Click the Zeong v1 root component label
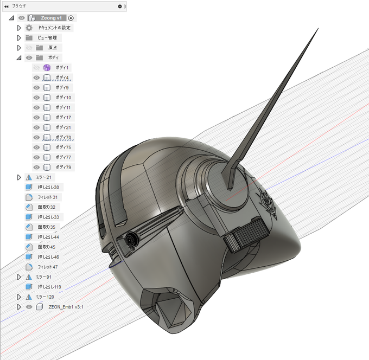tap(51, 18)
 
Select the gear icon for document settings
tap(29, 28)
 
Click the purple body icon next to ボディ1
tap(47, 68)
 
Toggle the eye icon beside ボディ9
tap(36, 87)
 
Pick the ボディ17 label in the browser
tap(63, 117)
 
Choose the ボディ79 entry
tap(63, 167)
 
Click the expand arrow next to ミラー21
tap(19, 177)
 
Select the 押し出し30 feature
tap(48, 187)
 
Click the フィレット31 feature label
tap(48, 197)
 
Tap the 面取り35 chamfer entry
tap(46, 227)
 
